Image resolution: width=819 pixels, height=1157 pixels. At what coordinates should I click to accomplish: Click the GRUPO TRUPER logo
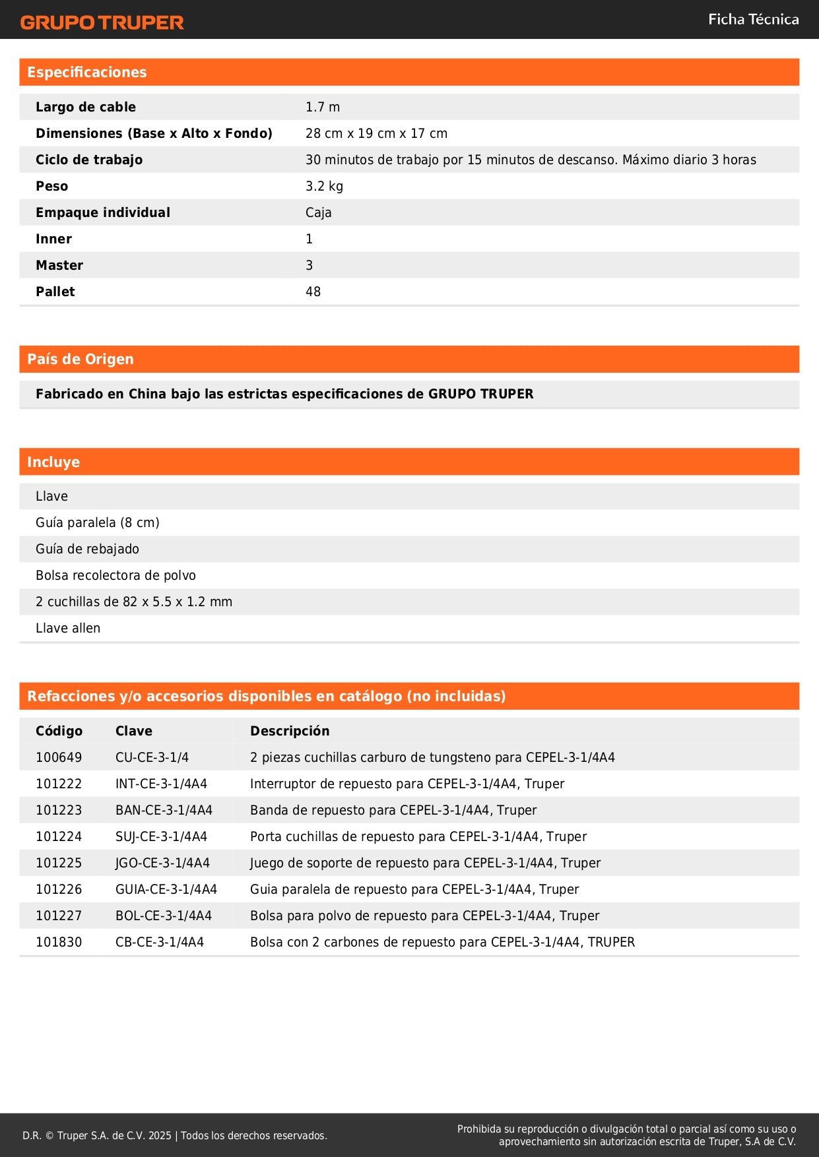102,22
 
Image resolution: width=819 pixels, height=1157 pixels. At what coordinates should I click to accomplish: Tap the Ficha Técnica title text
753,19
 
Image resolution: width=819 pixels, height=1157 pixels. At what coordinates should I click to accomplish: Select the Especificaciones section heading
86,73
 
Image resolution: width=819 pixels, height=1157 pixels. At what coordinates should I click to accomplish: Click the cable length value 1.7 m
323,107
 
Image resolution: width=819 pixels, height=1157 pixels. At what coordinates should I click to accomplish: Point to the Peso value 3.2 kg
324,186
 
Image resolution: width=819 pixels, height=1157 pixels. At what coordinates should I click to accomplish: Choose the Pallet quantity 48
313,292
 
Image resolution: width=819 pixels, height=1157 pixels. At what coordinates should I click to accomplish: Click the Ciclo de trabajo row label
89,160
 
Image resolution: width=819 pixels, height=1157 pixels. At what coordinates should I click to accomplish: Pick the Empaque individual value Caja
318,212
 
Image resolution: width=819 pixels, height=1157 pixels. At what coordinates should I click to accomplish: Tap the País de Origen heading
80,360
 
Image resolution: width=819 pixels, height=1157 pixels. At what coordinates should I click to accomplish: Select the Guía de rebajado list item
87,549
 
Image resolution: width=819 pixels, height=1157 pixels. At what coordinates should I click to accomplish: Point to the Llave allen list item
68,628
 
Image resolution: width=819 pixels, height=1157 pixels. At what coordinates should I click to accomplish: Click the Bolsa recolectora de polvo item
115,575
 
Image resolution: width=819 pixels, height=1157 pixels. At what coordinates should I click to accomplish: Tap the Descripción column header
290,731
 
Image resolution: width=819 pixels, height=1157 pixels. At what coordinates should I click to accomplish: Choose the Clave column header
134,731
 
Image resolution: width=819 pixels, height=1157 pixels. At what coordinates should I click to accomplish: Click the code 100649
59,757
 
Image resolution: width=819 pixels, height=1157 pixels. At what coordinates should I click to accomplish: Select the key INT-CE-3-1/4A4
161,784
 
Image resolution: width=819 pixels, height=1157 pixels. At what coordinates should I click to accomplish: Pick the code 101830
59,942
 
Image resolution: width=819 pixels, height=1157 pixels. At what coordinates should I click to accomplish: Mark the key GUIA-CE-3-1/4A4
166,889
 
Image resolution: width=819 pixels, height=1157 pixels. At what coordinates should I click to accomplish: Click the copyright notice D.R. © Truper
174,1135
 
